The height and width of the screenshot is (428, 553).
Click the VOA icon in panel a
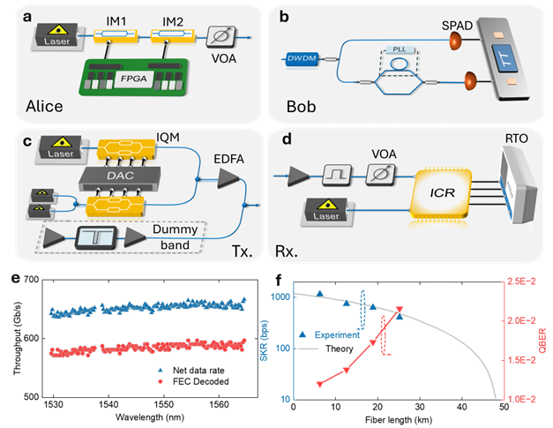(x=220, y=37)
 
